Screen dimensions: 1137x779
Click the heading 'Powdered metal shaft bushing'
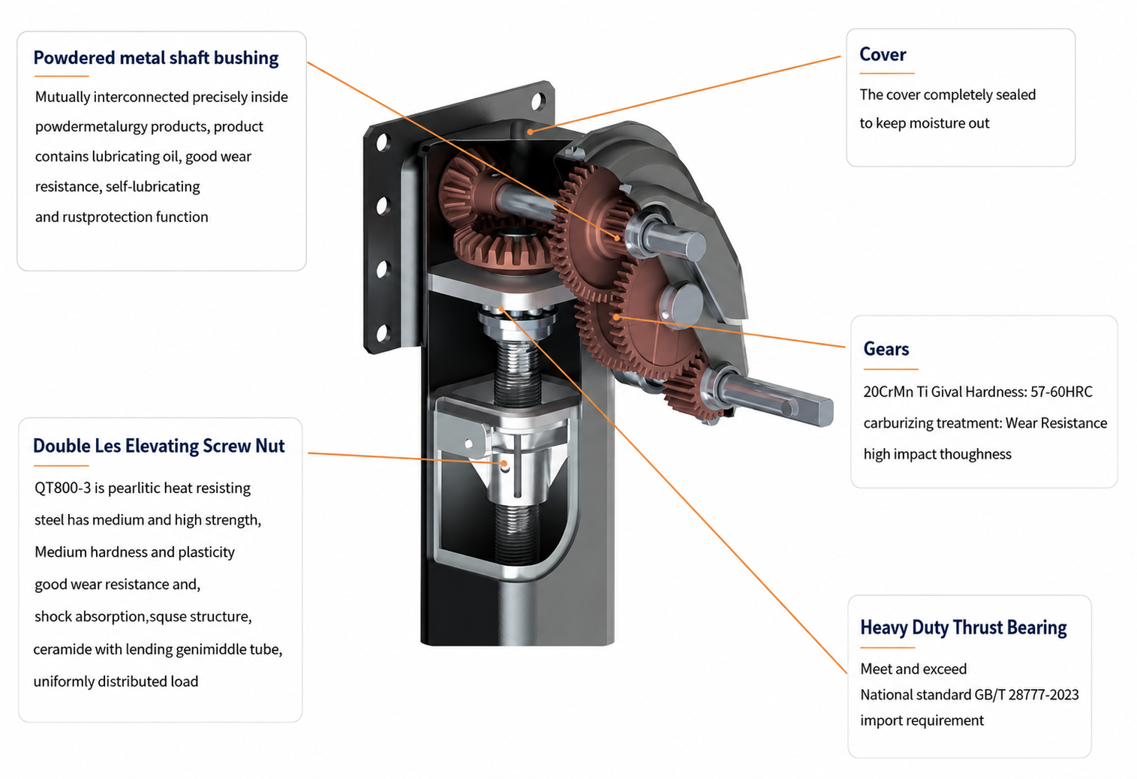(x=156, y=58)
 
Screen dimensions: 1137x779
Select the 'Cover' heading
(x=883, y=54)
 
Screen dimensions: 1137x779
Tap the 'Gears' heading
(x=886, y=349)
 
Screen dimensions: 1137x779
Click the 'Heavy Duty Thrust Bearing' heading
(x=964, y=627)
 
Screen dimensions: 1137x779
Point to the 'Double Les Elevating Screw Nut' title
(x=159, y=446)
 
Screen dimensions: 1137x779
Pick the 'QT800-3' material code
(x=63, y=489)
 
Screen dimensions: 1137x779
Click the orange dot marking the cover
(x=530, y=132)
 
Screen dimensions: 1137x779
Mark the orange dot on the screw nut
(x=504, y=463)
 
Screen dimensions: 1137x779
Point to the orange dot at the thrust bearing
(x=501, y=309)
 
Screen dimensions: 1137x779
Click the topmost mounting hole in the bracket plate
(x=537, y=101)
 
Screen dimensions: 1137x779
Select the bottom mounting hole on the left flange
(x=383, y=333)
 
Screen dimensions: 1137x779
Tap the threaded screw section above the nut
(x=517, y=373)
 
